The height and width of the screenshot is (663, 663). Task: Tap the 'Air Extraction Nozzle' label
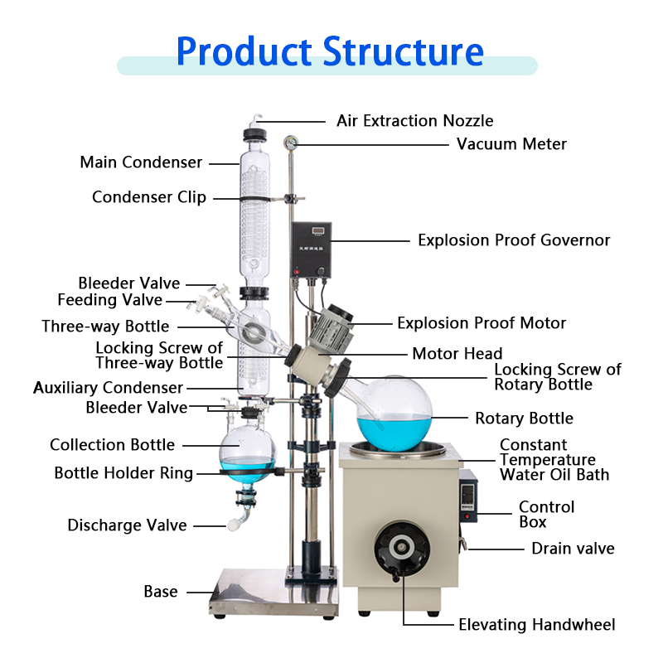pyautogui.click(x=414, y=121)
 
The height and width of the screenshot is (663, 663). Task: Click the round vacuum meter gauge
pyautogui.click(x=290, y=143)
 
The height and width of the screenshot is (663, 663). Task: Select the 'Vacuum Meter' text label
pyautogui.click(x=511, y=144)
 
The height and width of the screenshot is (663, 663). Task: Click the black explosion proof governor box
pyautogui.click(x=311, y=249)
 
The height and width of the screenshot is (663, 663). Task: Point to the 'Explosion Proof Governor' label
pyautogui.click(x=513, y=240)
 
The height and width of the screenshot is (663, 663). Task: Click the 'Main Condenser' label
pyautogui.click(x=141, y=162)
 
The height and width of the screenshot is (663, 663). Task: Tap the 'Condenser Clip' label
pyautogui.click(x=149, y=197)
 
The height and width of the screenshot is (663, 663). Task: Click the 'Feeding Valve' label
pyautogui.click(x=110, y=300)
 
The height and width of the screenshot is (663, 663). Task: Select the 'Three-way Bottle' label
pyautogui.click(x=105, y=327)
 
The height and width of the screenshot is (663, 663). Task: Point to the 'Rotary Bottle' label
pyautogui.click(x=524, y=419)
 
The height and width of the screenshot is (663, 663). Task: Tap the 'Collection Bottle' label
pyautogui.click(x=112, y=445)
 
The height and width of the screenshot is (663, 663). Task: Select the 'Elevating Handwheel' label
pyautogui.click(x=537, y=625)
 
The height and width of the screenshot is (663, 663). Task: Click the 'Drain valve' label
pyautogui.click(x=573, y=549)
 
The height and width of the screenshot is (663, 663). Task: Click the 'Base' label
pyautogui.click(x=160, y=592)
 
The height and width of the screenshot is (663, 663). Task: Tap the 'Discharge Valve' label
pyautogui.click(x=127, y=525)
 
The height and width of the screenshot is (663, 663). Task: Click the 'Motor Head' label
pyautogui.click(x=457, y=354)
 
